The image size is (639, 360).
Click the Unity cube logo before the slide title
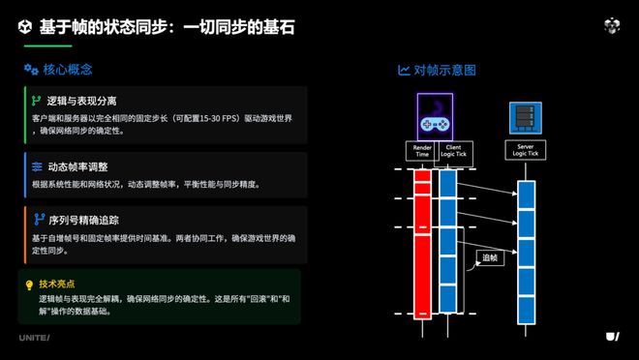point(25,26)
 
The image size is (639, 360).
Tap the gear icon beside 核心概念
point(30,70)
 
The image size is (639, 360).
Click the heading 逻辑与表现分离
point(82,101)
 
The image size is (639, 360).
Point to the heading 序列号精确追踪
point(82,220)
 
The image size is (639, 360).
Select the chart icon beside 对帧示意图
point(404,70)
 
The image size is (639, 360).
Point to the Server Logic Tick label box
point(525,150)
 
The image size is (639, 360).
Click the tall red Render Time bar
point(421,242)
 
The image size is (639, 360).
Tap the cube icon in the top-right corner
point(611,25)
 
